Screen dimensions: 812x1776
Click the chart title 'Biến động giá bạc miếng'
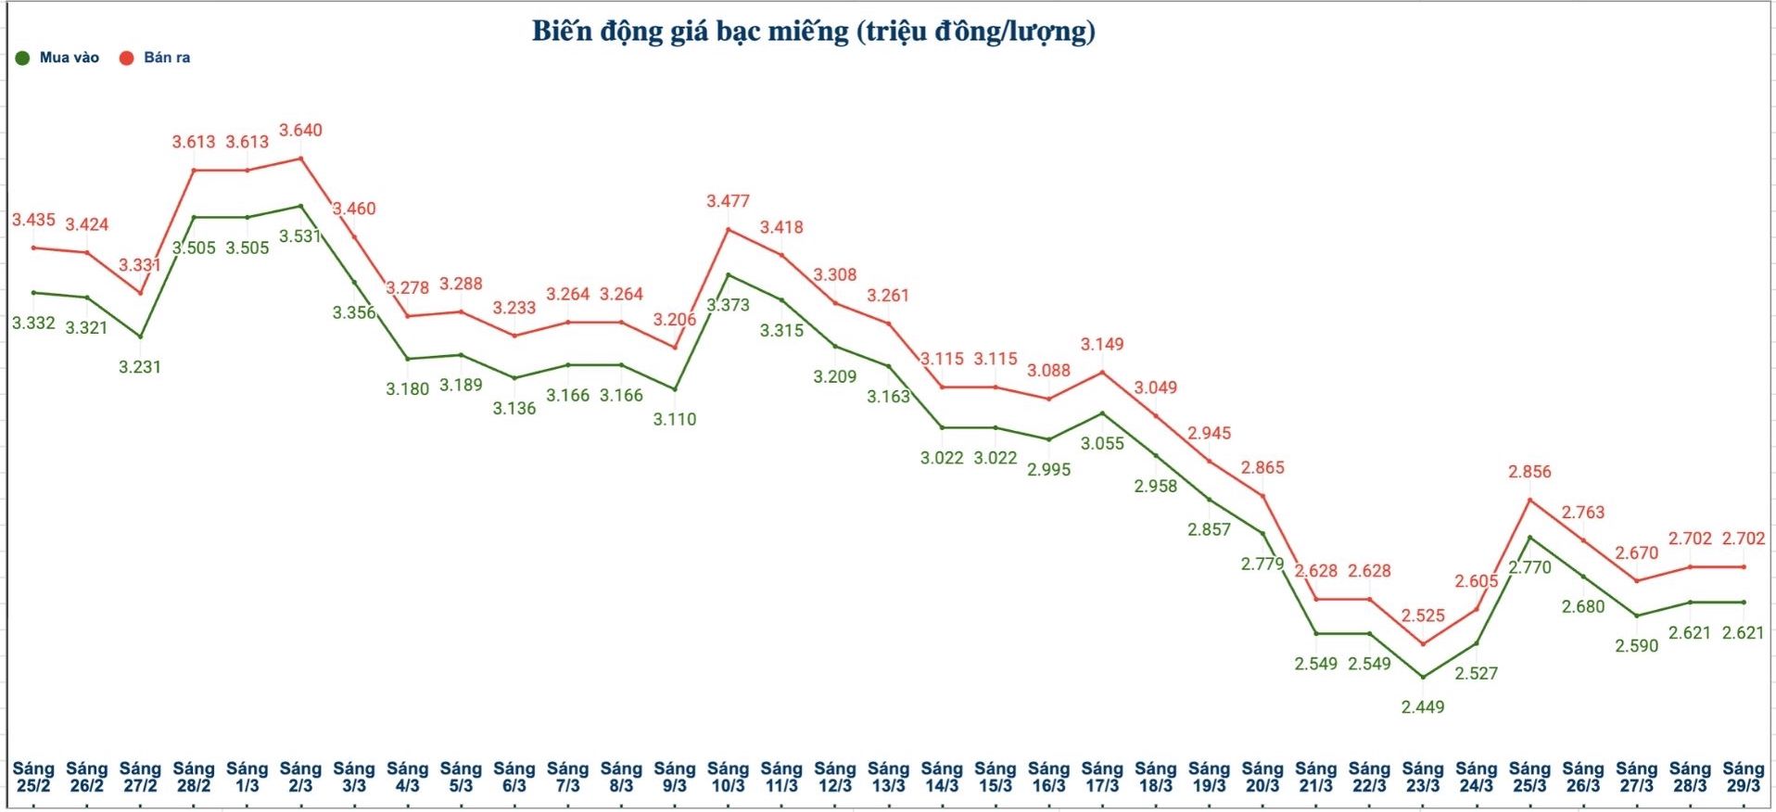(x=813, y=32)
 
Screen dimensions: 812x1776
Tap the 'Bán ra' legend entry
(x=166, y=57)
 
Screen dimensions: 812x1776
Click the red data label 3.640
(x=300, y=131)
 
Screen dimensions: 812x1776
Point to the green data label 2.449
(x=1422, y=707)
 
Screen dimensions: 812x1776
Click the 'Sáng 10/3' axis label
(x=728, y=777)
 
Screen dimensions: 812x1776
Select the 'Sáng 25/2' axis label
(x=33, y=777)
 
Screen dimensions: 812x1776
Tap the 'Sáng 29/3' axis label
(x=1743, y=777)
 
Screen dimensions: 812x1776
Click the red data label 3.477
(x=728, y=201)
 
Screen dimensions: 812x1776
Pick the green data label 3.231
(x=140, y=367)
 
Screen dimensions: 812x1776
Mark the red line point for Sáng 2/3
(x=300, y=159)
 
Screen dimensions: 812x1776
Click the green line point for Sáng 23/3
(x=1422, y=678)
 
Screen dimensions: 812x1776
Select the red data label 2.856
(x=1529, y=472)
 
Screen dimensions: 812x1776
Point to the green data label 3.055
(x=1102, y=444)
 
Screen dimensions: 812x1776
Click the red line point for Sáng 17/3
(x=1102, y=373)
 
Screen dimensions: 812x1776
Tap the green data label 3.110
(x=674, y=420)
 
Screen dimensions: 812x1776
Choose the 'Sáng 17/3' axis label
(x=1102, y=777)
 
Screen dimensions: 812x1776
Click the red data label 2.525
(x=1422, y=615)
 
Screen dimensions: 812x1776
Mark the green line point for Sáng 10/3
(x=728, y=274)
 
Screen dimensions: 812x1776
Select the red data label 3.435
(x=33, y=221)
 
